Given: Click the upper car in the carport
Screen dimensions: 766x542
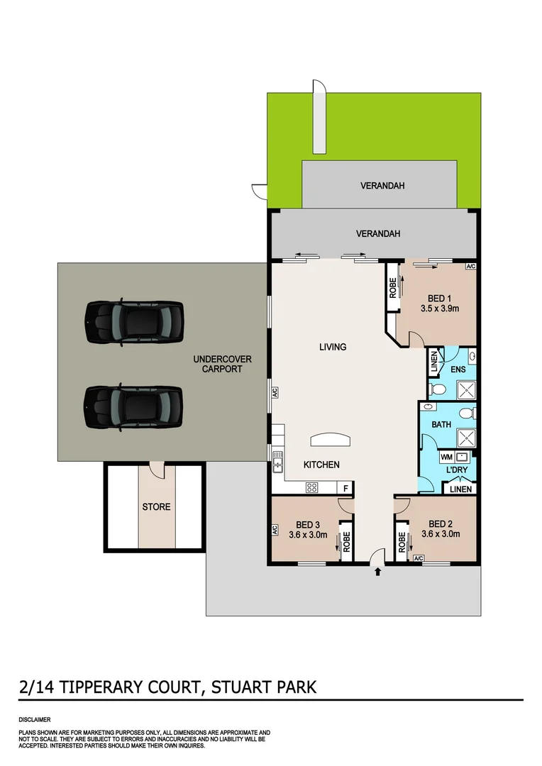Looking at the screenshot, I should (x=134, y=323).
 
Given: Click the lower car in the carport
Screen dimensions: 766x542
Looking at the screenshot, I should (x=134, y=408).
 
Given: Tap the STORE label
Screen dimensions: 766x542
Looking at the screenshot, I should (x=156, y=507).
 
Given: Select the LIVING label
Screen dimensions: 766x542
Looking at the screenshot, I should (x=333, y=347).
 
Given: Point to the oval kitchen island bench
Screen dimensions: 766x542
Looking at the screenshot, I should (x=331, y=440).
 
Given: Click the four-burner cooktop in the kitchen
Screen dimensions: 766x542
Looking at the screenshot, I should (x=311, y=487).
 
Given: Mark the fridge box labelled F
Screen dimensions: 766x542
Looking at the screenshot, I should (x=345, y=488).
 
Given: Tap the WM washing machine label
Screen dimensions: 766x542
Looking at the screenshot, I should (x=446, y=457).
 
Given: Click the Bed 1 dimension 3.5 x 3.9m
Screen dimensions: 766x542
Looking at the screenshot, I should (x=440, y=309).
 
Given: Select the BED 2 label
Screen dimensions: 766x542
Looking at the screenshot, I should (x=441, y=524).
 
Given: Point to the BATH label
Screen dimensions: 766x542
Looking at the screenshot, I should (x=441, y=425).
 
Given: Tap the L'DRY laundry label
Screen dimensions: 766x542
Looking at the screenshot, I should (x=455, y=471).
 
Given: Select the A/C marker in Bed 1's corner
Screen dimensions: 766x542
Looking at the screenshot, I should (x=470, y=267).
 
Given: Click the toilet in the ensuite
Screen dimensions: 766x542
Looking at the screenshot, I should (x=438, y=389).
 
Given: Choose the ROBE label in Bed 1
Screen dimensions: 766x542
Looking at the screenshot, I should (x=392, y=291).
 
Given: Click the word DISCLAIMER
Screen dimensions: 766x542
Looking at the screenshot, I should (x=35, y=719).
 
